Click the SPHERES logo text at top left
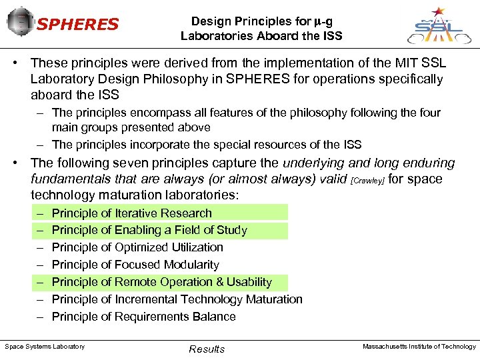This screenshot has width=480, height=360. [x=77, y=25]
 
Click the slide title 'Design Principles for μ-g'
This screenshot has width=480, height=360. [x=261, y=21]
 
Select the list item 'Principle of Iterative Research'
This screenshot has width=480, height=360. [x=131, y=213]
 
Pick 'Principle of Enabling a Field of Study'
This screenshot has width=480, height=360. [x=149, y=231]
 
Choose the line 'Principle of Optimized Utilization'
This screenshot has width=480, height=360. [x=137, y=247]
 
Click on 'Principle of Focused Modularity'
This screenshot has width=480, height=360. [x=135, y=265]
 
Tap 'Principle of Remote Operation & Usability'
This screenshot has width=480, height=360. [x=162, y=282]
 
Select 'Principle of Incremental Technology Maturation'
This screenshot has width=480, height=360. [x=177, y=299]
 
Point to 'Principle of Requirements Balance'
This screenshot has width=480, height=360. [x=143, y=317]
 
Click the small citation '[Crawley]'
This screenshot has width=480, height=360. [x=367, y=181]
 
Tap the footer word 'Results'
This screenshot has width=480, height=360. [x=207, y=349]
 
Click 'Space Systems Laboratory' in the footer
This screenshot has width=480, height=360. [x=45, y=346]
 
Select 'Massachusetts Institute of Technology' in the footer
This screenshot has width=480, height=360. [x=419, y=346]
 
